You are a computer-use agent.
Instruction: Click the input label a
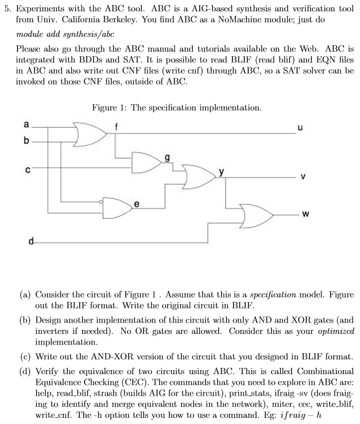tap(25, 124)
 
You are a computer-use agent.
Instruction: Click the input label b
tap(25, 140)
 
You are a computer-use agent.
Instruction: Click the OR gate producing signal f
tap(91, 133)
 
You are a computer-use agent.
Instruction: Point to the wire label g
tap(166, 158)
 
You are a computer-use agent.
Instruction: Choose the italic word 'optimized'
tap(337, 330)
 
